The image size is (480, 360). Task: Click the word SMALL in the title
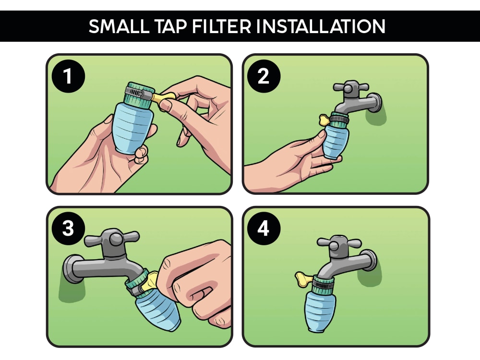(x=119, y=26)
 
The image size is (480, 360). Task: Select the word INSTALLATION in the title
(x=321, y=26)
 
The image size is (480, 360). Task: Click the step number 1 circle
(x=68, y=76)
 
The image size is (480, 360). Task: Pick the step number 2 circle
(x=264, y=76)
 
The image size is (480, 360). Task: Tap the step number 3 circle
(x=68, y=228)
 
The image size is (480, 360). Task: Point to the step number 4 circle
(x=264, y=228)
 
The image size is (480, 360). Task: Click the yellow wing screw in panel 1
(x=164, y=97)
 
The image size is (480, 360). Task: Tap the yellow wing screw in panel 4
(x=304, y=279)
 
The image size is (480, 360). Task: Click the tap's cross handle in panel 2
(x=351, y=87)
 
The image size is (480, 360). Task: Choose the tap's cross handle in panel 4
(x=339, y=243)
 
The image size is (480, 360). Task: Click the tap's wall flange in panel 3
(x=69, y=269)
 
